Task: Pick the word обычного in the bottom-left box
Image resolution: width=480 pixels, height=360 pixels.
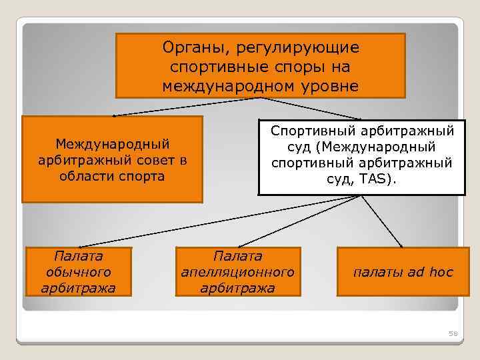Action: click(x=79, y=272)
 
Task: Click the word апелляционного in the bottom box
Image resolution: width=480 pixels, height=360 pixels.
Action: click(x=238, y=272)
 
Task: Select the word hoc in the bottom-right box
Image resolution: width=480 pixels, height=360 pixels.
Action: click(x=441, y=272)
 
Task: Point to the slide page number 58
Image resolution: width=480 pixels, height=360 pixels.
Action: click(x=452, y=333)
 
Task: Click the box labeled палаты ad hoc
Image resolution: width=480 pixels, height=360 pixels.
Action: click(x=403, y=271)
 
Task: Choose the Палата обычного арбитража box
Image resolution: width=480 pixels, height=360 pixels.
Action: click(x=79, y=271)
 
